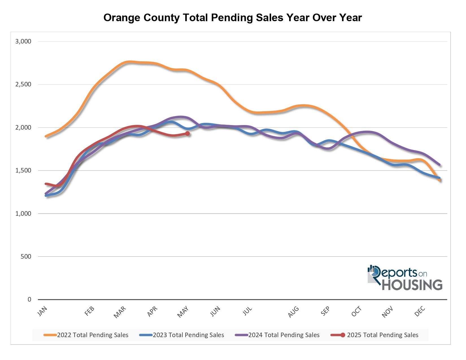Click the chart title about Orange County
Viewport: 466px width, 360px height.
[x=232, y=18]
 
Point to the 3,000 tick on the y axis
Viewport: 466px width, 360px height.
[x=23, y=42]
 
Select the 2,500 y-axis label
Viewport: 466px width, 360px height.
[x=23, y=84]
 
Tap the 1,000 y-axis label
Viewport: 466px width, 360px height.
[x=23, y=213]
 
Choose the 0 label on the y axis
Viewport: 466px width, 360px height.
[x=29, y=300]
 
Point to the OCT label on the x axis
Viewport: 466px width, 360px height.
[x=356, y=312]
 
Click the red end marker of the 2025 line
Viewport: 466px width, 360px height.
[x=187, y=134]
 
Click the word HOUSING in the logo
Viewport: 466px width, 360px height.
[x=412, y=285]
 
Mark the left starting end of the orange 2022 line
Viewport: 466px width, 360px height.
[x=46, y=136]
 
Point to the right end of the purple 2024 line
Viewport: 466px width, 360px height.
[x=439, y=165]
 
